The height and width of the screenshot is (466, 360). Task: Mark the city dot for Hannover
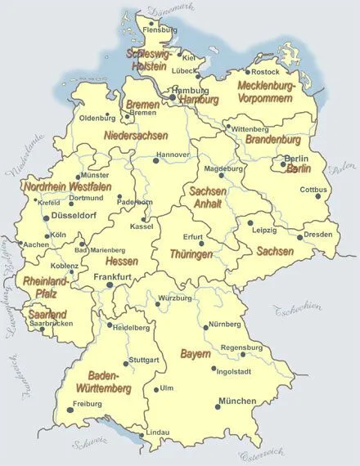tap(155, 160)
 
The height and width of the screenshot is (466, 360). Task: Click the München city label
tap(237, 401)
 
